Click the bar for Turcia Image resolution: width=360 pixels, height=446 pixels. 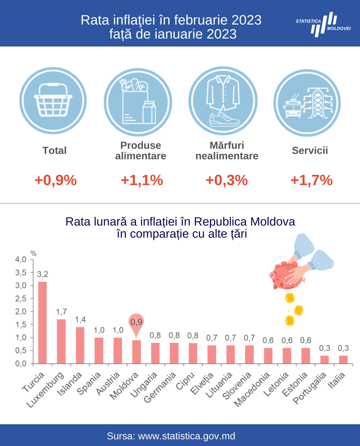[42, 323]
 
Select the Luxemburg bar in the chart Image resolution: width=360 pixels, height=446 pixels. [61, 342]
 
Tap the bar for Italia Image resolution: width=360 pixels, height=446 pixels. [343, 360]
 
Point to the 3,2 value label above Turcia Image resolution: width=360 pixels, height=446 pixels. [43, 274]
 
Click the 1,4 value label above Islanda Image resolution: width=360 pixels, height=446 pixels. [80, 320]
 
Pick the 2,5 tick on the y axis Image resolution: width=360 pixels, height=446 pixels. [21, 299]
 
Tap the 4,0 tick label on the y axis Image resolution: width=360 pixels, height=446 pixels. [21, 260]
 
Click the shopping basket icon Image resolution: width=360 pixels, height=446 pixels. [53, 100]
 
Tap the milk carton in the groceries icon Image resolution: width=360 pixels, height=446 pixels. [149, 112]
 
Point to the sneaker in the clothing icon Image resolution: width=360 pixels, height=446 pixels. [224, 119]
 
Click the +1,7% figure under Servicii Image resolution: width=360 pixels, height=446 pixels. [312, 180]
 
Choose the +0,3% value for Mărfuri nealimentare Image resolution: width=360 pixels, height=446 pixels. [227, 180]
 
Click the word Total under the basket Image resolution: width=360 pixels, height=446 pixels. [54, 150]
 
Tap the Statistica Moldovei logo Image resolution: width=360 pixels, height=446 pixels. [323, 25]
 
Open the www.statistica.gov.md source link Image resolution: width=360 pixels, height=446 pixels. [187, 436]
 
